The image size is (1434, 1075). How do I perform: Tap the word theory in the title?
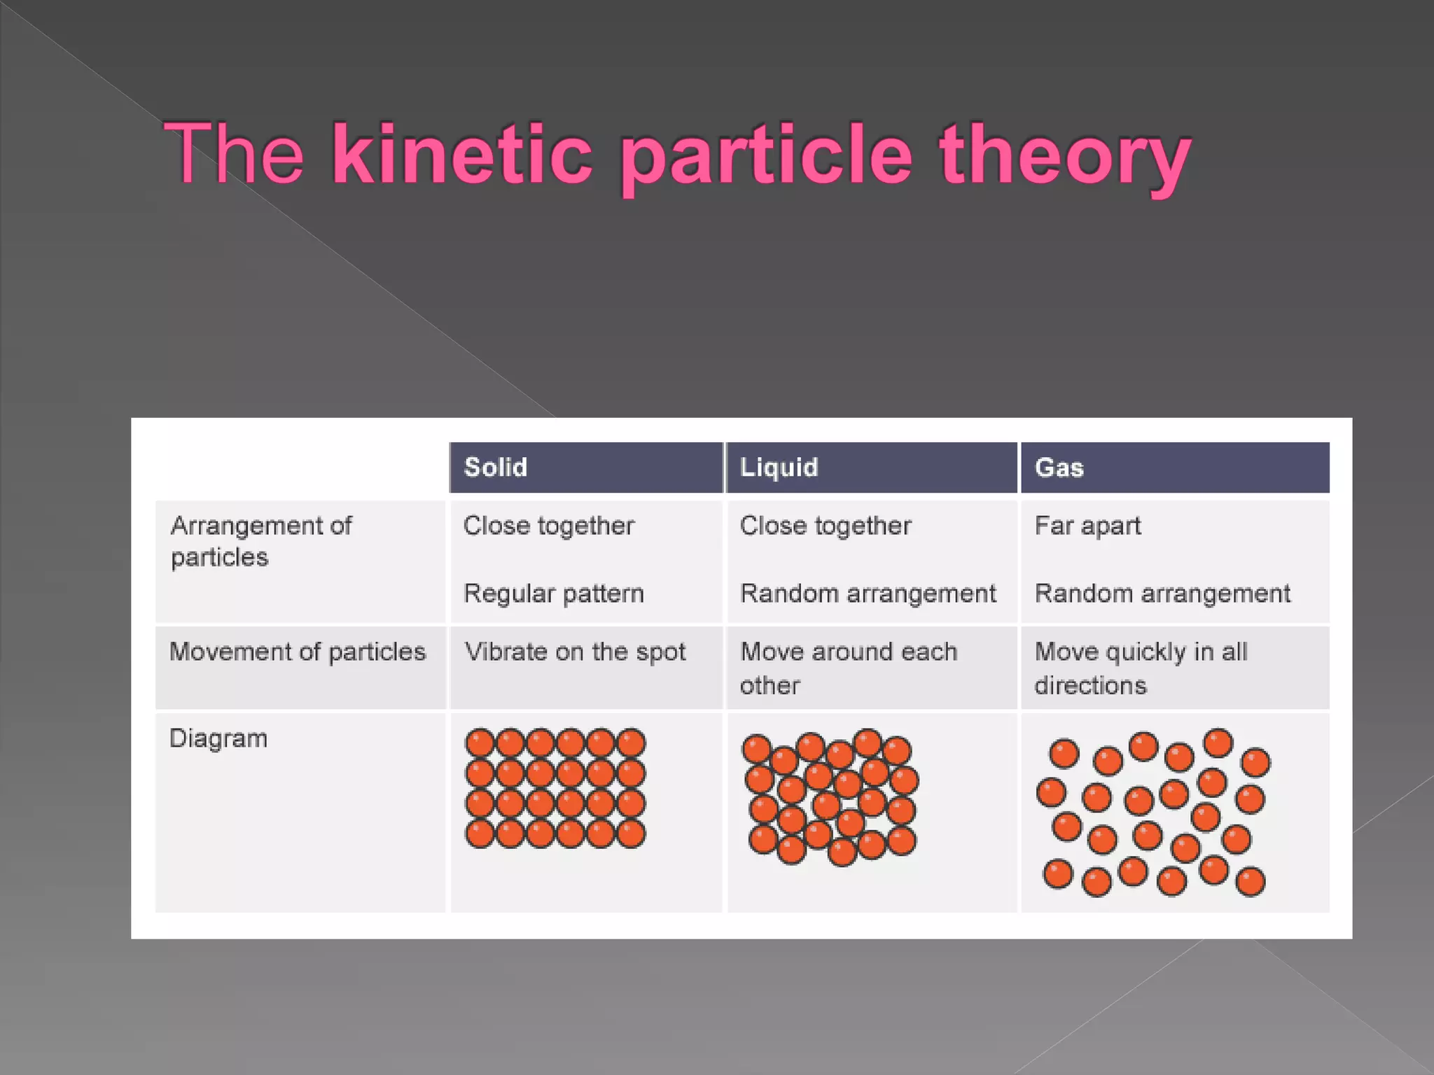coord(1064,157)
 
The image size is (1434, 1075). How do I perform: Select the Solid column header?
coord(496,468)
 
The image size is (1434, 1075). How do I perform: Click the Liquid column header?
coord(779,468)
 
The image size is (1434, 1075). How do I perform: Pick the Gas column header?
coord(1059,468)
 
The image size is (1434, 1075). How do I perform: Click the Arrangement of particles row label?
coord(260,541)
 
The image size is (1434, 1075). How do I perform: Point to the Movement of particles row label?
coord(298,652)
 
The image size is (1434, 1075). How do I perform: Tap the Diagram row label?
coord(218,738)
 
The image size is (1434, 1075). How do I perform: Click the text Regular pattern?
coord(553,593)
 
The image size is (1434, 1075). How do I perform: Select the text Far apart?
coord(1087,526)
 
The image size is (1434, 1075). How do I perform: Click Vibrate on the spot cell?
coord(574,652)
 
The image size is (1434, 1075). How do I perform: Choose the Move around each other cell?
coord(848,668)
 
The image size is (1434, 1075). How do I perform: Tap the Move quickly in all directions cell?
coord(1141,668)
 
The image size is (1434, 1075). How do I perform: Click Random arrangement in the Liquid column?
coord(868,593)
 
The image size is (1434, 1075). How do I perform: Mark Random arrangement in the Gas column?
coord(1162,593)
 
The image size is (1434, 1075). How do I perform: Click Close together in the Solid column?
coord(548,526)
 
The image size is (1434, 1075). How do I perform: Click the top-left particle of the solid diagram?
coord(480,743)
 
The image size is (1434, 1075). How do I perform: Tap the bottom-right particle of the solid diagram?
coord(632,834)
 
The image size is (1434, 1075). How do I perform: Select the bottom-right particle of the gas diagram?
coord(1251,881)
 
